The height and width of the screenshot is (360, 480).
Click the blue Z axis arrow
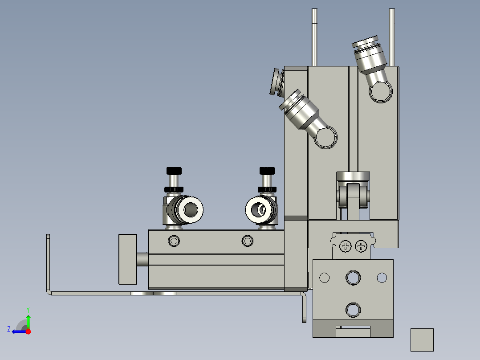17,331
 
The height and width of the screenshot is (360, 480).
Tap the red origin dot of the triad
28,331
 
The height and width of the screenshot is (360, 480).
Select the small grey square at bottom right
422,340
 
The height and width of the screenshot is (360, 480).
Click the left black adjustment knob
174,171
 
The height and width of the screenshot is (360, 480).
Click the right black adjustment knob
267,171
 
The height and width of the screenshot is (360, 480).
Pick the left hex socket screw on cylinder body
174,241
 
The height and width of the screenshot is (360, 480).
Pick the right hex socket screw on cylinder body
247,241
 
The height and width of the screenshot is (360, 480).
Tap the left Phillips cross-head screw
346,246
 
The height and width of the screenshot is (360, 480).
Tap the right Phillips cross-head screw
361,246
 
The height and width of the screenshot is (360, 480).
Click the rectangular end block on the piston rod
128,259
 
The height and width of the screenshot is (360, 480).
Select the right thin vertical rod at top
392,36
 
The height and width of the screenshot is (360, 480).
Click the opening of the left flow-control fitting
192,209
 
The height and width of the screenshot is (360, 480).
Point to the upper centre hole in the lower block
353,277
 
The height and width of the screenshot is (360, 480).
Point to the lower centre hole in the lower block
353,309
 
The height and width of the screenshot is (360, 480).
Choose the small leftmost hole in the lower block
324,278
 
